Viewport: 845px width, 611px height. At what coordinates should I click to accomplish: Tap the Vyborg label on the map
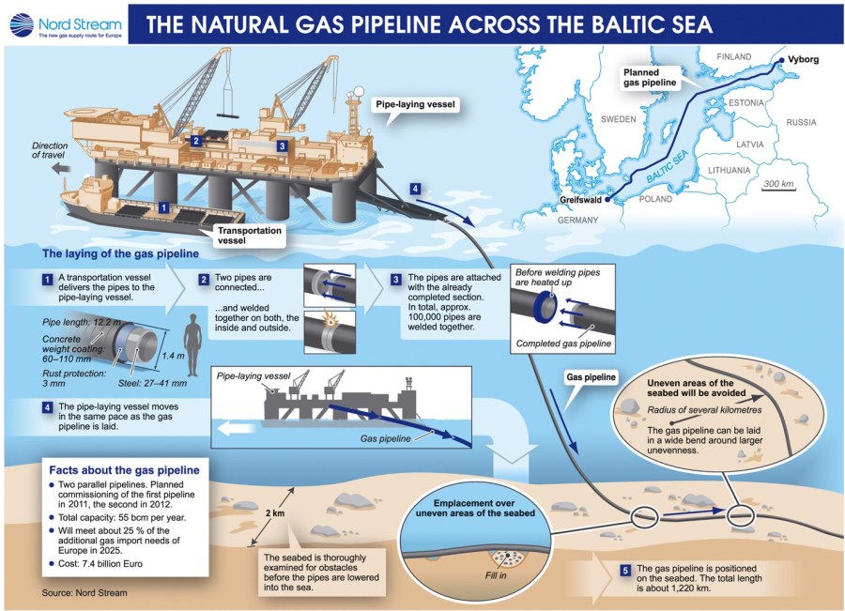(803, 59)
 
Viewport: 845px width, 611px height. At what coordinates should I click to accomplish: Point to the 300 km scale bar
(779, 184)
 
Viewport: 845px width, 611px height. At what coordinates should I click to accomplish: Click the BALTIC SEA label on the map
(669, 165)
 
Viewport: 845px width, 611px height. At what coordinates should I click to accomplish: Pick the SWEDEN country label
(619, 119)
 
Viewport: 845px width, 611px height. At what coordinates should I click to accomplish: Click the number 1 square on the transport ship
(163, 206)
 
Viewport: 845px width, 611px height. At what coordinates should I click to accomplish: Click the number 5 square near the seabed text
(625, 570)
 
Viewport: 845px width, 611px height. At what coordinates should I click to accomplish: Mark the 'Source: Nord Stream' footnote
(84, 593)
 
